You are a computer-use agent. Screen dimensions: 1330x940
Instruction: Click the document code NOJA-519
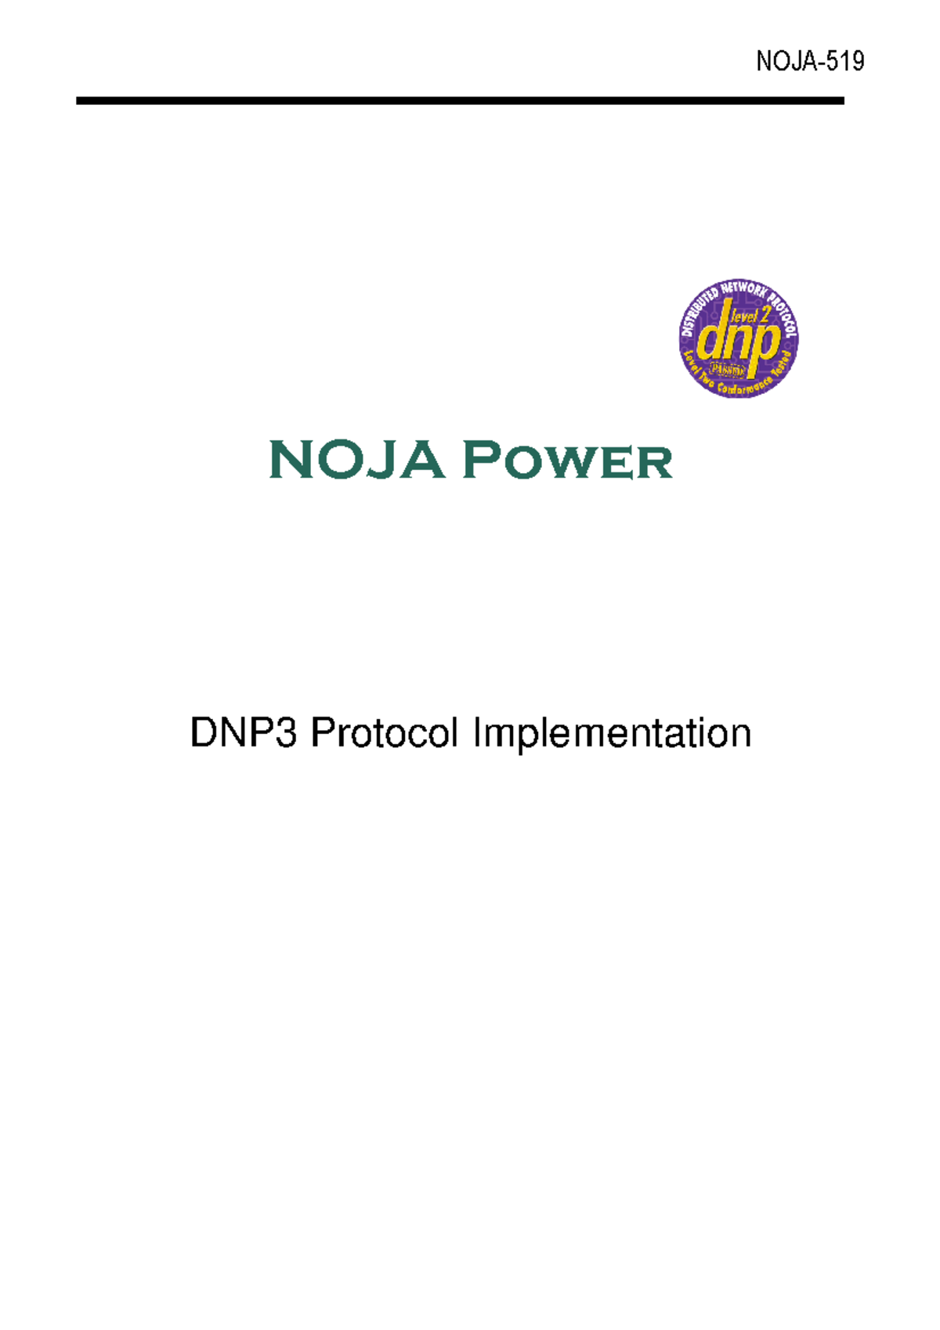(810, 61)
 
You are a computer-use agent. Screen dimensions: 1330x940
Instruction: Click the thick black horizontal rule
(460, 101)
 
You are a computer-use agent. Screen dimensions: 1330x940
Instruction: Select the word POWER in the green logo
(568, 461)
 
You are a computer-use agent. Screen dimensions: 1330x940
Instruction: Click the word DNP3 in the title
(244, 734)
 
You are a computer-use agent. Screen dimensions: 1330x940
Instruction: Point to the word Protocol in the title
(384, 734)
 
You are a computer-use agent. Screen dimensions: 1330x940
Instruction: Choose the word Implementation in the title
(612, 734)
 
